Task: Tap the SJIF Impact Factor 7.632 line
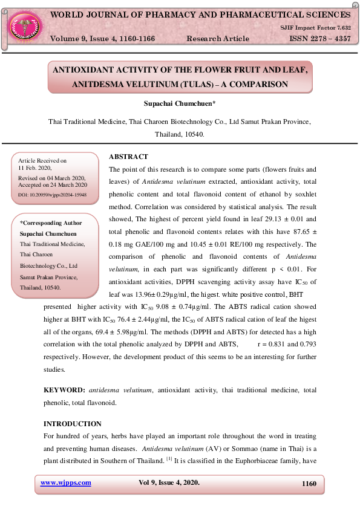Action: point(315,28)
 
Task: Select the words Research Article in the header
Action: point(217,39)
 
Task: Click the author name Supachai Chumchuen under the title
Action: point(180,105)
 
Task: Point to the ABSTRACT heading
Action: point(128,157)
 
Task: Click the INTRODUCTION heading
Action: point(73,424)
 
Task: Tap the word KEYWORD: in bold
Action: point(64,391)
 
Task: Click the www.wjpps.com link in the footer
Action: point(65,482)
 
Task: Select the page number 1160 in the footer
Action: point(309,483)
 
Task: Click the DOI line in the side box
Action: point(52,195)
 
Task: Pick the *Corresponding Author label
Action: point(51,223)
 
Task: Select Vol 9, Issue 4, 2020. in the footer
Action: point(169,482)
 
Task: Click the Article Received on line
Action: point(42,161)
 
